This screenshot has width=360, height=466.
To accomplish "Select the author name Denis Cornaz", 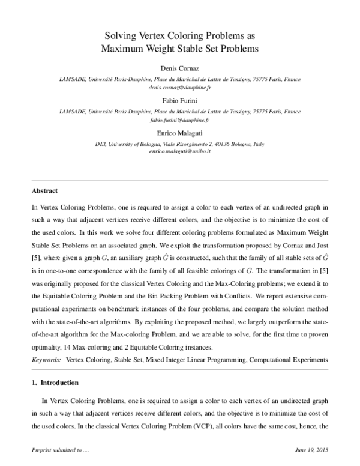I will click(x=179, y=69).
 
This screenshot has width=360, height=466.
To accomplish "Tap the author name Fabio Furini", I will click(x=179, y=101).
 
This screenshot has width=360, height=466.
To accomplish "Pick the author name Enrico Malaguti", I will click(x=179, y=134).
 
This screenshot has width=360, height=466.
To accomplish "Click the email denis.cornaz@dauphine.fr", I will click(x=179, y=87).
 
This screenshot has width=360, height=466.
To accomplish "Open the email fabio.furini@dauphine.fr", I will click(x=179, y=120).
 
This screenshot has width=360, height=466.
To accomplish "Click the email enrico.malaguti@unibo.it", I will click(x=179, y=152).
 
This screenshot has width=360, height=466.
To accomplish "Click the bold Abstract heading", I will click(x=44, y=192).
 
